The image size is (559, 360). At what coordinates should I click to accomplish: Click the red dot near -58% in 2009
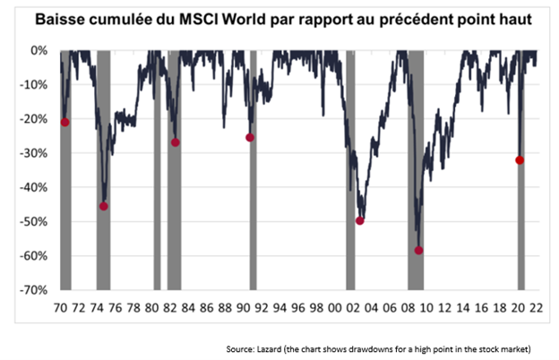(x=418, y=251)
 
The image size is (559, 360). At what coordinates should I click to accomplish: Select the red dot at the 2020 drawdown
(x=520, y=160)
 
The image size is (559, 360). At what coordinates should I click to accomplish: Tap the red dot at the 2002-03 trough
(x=360, y=220)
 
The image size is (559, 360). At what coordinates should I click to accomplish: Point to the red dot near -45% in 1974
(x=104, y=206)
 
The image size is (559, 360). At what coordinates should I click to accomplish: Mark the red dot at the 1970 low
(x=65, y=122)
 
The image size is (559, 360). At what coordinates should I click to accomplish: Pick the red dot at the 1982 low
(x=176, y=142)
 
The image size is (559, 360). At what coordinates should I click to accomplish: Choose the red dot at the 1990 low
(x=250, y=137)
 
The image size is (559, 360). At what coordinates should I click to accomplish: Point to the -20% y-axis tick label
(x=38, y=119)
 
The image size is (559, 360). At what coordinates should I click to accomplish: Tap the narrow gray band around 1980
(x=158, y=170)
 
